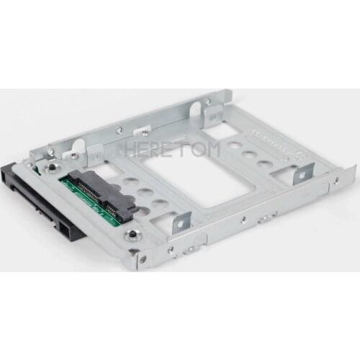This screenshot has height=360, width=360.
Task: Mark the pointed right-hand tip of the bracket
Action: coord(354,167)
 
